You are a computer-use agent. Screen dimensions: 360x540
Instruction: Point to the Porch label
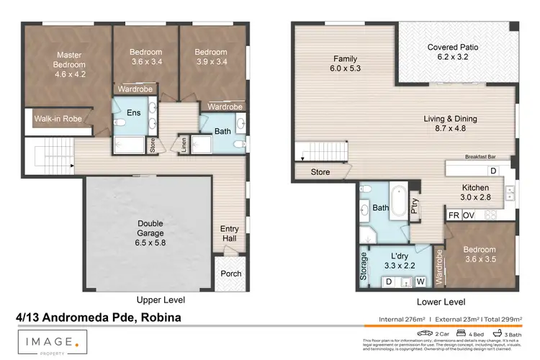[x=230, y=274]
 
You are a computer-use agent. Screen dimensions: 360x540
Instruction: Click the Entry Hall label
[x=230, y=234]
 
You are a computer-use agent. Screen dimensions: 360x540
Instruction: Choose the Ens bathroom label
[x=133, y=112]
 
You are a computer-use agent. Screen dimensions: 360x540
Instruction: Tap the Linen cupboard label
[x=184, y=145]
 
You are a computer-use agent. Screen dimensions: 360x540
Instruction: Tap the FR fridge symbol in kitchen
[x=454, y=215]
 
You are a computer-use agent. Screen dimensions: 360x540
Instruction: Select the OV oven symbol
[x=468, y=215]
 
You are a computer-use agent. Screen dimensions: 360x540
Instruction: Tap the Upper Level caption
[x=161, y=299]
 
